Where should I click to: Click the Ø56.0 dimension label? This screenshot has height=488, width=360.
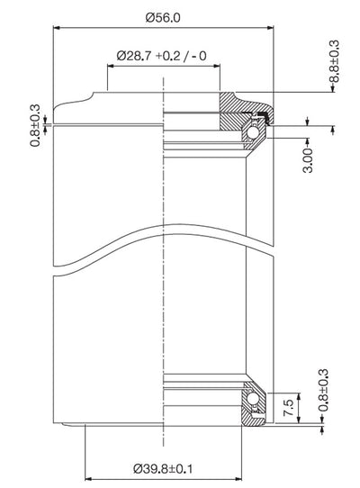pos(163,18)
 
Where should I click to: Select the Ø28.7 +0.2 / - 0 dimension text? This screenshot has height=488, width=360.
pos(161,56)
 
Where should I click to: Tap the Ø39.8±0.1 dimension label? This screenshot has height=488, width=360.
pos(163,468)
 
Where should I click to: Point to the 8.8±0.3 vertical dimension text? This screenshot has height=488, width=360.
pos(334,61)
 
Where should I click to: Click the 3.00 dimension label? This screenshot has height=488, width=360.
pos(308,160)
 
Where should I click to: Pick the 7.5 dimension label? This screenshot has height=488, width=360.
pos(288,408)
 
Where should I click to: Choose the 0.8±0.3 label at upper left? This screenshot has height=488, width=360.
pos(35,125)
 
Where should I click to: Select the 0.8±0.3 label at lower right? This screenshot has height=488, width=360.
pos(324,390)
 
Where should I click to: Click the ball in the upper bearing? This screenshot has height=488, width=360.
pos(251,134)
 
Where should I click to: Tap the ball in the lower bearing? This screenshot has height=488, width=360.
pos(252,398)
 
